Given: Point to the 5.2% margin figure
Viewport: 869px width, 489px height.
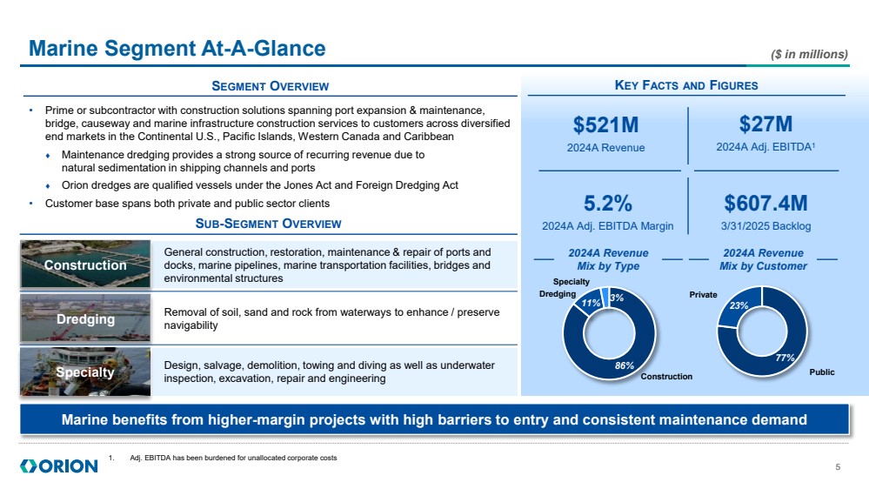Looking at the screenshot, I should (x=607, y=204).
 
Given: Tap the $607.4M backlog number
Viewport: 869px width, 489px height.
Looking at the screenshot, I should (x=765, y=204).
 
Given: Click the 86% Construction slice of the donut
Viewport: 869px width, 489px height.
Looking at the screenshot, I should (x=624, y=365).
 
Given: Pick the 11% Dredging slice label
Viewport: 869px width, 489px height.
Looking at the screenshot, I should (x=592, y=304).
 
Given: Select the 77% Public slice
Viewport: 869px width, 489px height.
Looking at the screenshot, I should (x=785, y=357).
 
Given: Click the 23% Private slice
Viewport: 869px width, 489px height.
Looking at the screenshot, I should (x=739, y=306).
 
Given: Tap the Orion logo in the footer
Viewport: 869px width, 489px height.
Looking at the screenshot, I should (x=58, y=467).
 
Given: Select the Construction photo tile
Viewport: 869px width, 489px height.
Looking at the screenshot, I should (x=85, y=265).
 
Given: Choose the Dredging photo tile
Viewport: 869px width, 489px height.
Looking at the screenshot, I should (x=85, y=319).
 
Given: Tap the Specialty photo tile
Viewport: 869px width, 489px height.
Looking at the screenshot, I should (x=85, y=372).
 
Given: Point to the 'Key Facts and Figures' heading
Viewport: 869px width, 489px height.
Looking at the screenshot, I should (x=686, y=85).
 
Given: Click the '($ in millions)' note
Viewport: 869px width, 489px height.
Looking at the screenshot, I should (x=809, y=54).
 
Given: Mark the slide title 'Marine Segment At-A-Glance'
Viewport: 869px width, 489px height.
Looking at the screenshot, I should (x=177, y=49).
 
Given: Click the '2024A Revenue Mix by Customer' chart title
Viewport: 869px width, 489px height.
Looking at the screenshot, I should (x=763, y=259).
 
